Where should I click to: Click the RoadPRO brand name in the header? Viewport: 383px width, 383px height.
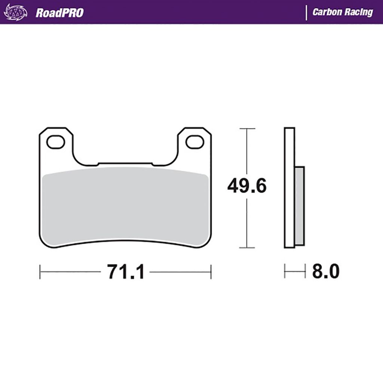pos(59,13)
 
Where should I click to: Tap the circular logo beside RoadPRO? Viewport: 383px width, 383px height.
pos(15,12)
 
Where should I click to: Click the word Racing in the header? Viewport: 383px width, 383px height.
pos(359,12)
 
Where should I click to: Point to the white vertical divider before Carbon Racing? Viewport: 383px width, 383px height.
pos(306,13)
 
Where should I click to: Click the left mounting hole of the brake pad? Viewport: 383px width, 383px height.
pos(56,142)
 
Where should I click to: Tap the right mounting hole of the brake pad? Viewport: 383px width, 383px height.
pos(194,142)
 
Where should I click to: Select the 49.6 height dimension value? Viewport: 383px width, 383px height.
pos(247,186)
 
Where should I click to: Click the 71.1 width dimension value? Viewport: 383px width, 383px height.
pos(126,272)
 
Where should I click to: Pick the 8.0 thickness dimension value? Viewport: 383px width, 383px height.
pos(326,271)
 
